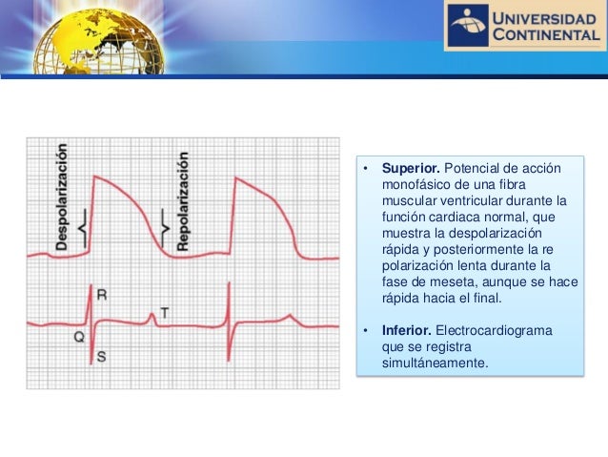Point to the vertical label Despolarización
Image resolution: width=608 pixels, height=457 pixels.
point(61,197)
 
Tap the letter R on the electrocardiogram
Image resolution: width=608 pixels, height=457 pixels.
point(102,296)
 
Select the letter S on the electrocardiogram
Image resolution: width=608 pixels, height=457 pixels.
point(101,357)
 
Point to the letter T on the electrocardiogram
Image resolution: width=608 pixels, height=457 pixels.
point(164,312)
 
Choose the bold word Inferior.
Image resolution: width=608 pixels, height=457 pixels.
point(406,331)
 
